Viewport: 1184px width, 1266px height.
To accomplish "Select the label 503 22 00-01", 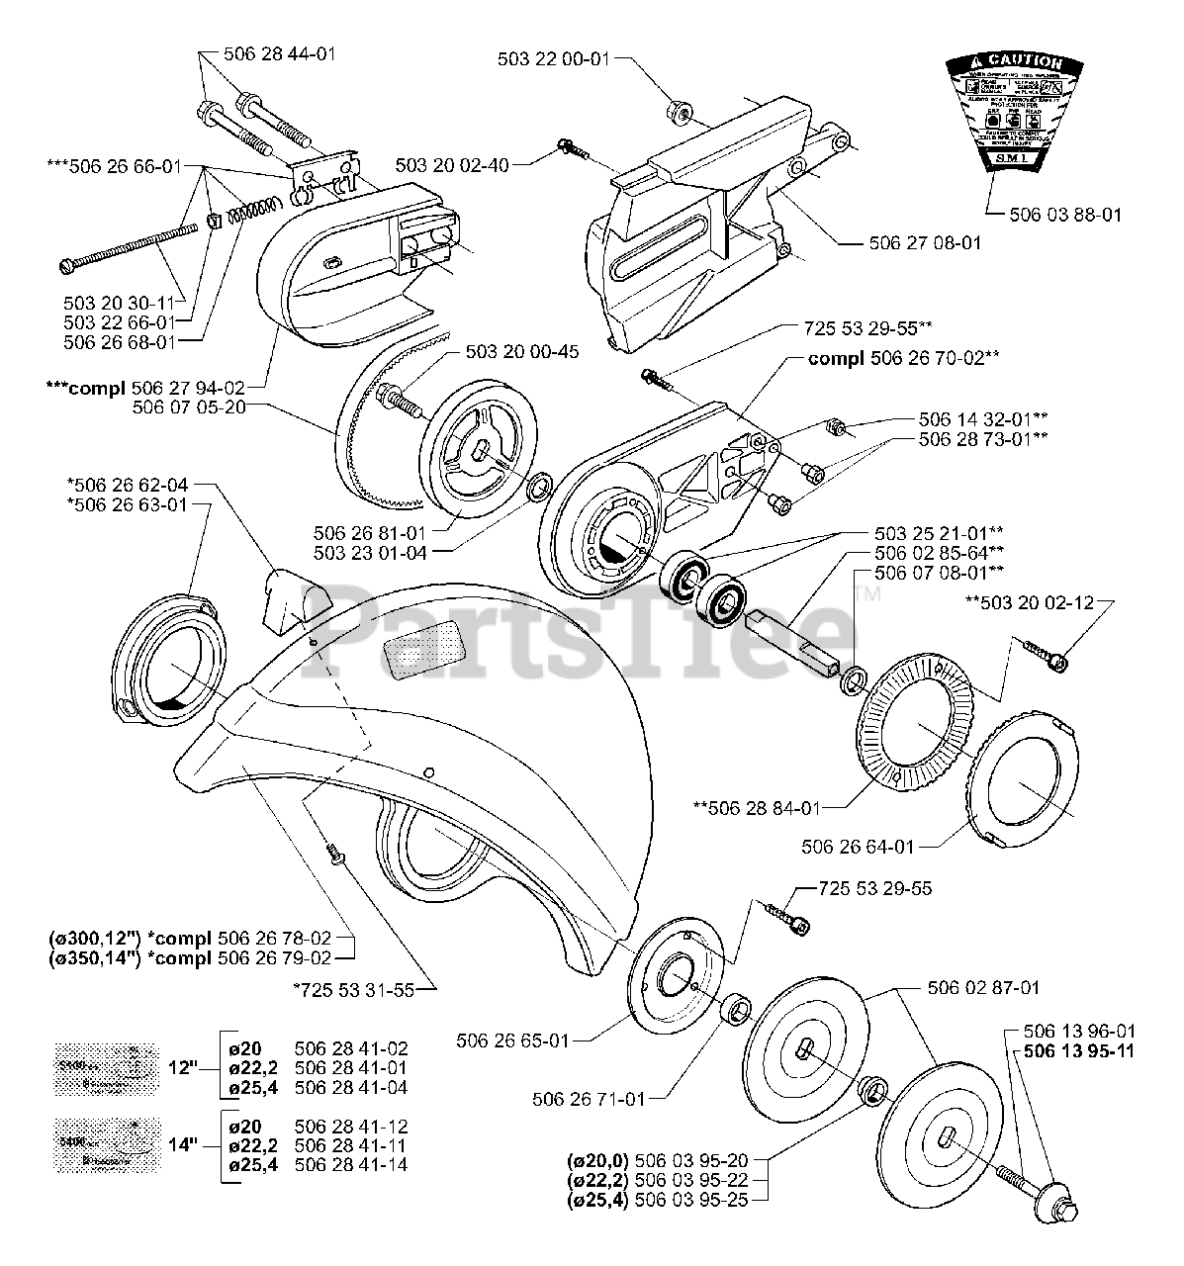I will point(553,58).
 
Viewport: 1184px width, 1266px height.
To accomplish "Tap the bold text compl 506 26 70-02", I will point(902,358).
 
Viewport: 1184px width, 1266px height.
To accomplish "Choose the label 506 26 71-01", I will point(588,1099).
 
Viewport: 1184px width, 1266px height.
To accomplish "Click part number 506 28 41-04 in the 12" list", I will point(351,1088).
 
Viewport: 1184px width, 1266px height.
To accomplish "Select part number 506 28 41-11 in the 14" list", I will point(351,1145).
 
